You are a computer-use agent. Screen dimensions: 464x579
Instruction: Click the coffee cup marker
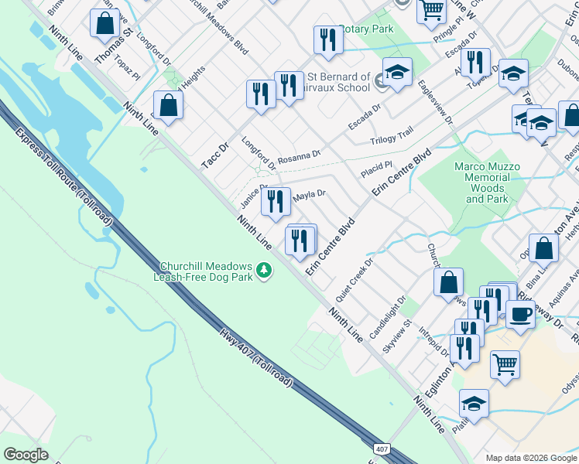click(x=520, y=314)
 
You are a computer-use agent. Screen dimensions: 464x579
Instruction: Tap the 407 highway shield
click(x=381, y=449)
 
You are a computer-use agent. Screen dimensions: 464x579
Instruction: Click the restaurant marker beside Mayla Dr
click(x=276, y=201)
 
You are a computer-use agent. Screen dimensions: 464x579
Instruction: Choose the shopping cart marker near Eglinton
click(x=505, y=363)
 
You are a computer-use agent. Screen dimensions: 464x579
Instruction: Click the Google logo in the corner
click(x=26, y=455)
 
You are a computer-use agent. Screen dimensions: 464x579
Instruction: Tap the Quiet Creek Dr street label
click(x=355, y=279)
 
